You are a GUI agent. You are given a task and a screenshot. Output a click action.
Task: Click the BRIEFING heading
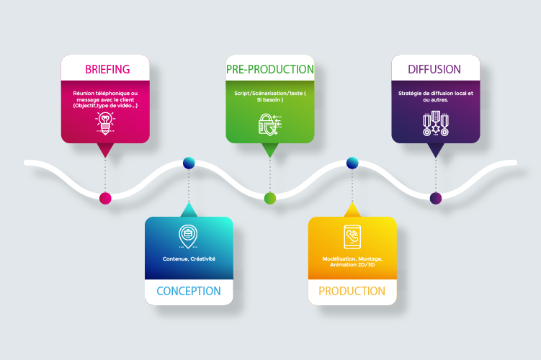point(107,69)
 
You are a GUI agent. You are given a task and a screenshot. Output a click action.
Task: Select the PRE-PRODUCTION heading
point(270,69)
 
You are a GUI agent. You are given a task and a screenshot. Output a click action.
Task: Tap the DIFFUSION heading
point(434,69)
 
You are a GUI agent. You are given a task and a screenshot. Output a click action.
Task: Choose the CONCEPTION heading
point(189,291)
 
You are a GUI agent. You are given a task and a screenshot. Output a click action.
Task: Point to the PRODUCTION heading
point(352,291)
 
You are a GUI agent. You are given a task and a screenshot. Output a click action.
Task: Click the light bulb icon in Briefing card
point(105,123)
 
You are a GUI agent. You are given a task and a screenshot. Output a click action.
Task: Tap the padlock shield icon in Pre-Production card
point(269,123)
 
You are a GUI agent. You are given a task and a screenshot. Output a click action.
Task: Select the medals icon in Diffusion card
point(434,124)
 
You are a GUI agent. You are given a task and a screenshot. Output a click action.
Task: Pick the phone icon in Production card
point(352,236)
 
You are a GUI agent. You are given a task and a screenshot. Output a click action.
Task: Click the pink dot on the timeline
point(105,198)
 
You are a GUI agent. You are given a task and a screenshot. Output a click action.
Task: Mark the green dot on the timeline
point(270,198)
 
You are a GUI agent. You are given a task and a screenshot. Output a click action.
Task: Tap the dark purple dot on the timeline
point(435,198)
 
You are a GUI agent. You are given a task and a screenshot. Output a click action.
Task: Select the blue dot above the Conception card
point(189,163)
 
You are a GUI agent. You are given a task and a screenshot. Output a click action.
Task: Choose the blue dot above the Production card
point(352,163)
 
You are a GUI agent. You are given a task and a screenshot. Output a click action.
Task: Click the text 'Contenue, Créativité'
point(189,258)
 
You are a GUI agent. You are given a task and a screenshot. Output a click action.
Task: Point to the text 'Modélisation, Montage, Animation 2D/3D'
point(352,261)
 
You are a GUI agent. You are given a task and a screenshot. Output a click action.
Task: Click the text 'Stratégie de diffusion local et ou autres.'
point(434,96)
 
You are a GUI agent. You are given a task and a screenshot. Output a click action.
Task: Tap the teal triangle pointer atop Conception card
point(189,210)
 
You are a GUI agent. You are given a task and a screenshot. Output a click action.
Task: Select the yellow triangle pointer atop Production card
point(352,210)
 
